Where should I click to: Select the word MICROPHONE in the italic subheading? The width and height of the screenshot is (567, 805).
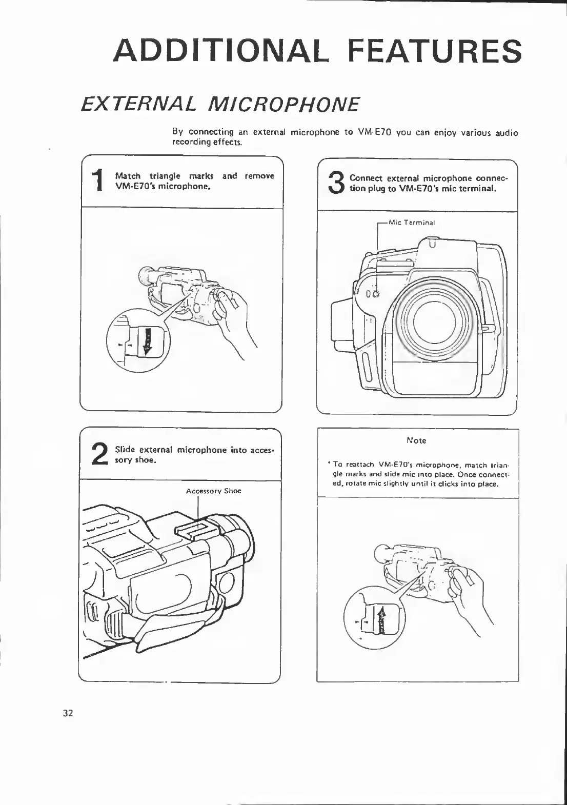pos(283,104)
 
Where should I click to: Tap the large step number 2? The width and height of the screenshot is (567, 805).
pos(99,454)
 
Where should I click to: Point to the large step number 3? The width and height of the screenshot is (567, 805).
pos(336,183)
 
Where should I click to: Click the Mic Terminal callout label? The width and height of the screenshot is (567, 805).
pos(412,223)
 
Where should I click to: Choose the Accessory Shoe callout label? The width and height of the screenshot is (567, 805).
pos(213,491)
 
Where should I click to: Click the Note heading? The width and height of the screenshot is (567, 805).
pos(416,440)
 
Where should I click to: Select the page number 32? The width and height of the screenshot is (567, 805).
pos(68,713)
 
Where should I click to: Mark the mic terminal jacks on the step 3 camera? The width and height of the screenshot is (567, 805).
pos(375,294)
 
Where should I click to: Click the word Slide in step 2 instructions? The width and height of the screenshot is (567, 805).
pos(124,450)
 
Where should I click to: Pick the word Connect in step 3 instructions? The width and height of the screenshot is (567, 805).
pos(366,178)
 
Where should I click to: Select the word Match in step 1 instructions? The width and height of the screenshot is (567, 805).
pos(128,176)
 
